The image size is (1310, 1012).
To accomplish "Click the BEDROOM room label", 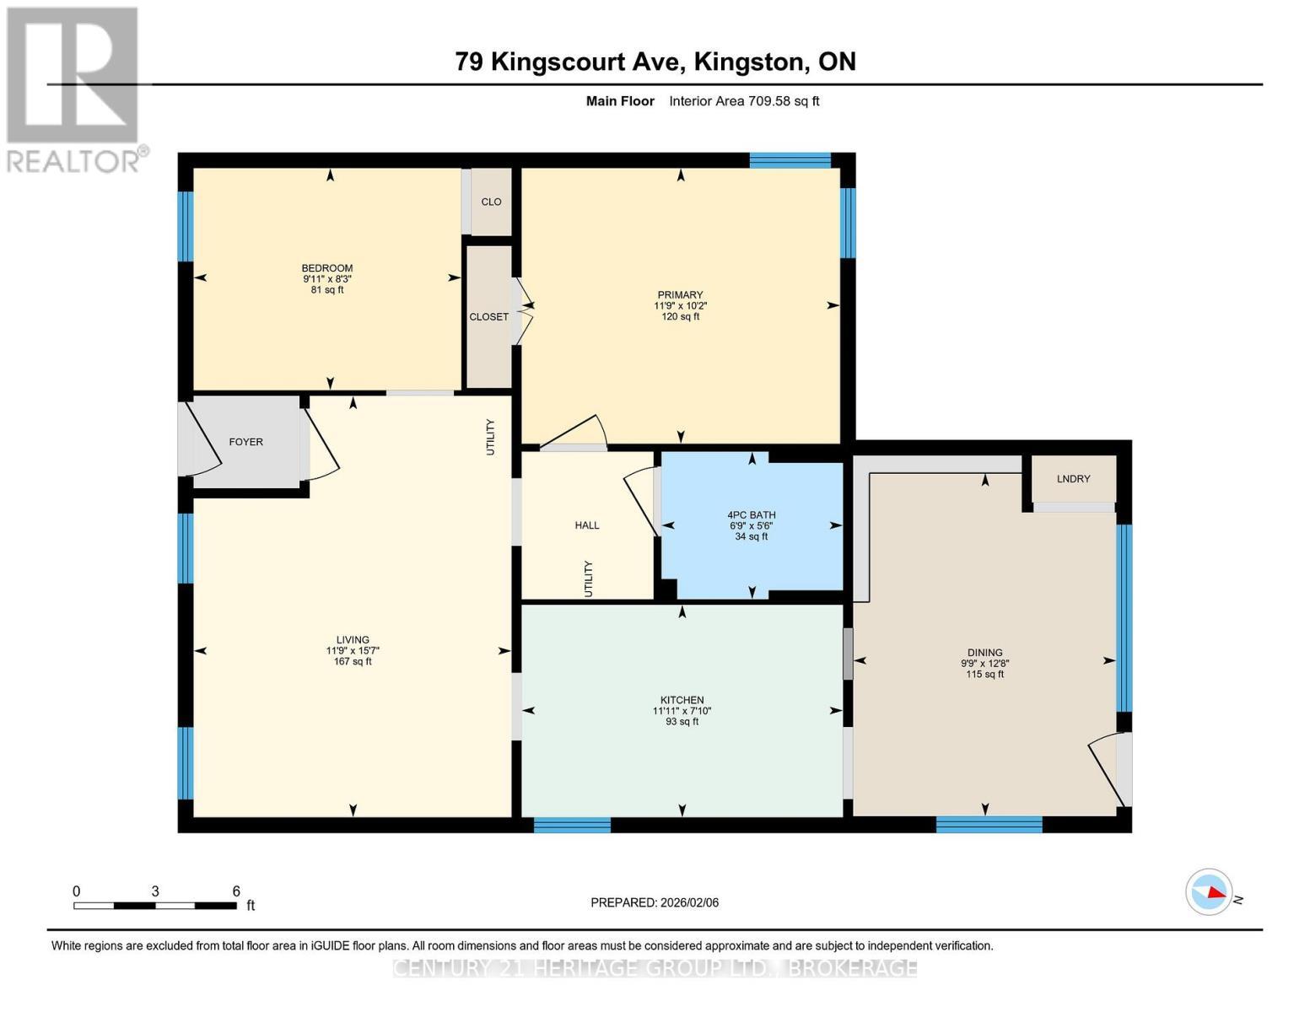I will click(x=327, y=268).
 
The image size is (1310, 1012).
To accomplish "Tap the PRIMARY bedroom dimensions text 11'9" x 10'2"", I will click(x=680, y=306).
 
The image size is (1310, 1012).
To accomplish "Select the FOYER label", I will click(x=246, y=442).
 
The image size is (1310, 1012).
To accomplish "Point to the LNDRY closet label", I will click(x=1073, y=479).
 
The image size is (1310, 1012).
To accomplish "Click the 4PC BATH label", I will click(x=751, y=514).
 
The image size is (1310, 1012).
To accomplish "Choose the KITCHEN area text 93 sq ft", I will click(x=682, y=722).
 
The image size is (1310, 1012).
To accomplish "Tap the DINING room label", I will click(x=984, y=653).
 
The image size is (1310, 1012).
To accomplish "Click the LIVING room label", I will click(x=353, y=640).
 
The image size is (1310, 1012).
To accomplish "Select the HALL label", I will click(x=587, y=525).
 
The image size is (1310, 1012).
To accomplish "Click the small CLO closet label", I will click(x=491, y=202).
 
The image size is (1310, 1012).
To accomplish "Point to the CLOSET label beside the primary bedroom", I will click(x=489, y=317).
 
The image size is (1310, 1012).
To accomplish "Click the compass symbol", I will click(x=1209, y=891).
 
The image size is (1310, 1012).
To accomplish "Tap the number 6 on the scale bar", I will click(x=236, y=891).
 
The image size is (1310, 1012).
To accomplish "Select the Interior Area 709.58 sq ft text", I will click(x=744, y=101).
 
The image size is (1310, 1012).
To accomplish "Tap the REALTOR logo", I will click(x=74, y=89).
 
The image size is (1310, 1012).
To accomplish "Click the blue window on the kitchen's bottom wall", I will click(x=572, y=825).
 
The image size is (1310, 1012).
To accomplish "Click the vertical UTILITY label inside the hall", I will click(x=589, y=579).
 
